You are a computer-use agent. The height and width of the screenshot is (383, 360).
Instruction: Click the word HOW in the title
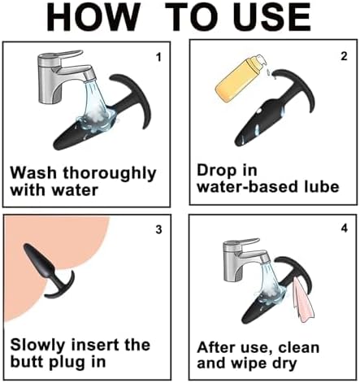[93, 17]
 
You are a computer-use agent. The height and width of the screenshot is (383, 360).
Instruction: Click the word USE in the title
[273, 17]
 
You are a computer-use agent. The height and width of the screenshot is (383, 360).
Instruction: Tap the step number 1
[158, 57]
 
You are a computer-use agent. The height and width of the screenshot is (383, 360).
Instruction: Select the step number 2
[344, 56]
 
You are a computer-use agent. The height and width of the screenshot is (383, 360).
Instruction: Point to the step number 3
[158, 229]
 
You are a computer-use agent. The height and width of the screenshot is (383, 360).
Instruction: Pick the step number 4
[344, 228]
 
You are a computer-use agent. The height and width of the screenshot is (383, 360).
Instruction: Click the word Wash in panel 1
[33, 172]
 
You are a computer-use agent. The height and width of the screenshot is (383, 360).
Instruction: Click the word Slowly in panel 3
[37, 346]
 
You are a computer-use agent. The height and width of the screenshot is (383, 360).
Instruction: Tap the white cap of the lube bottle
[259, 61]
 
